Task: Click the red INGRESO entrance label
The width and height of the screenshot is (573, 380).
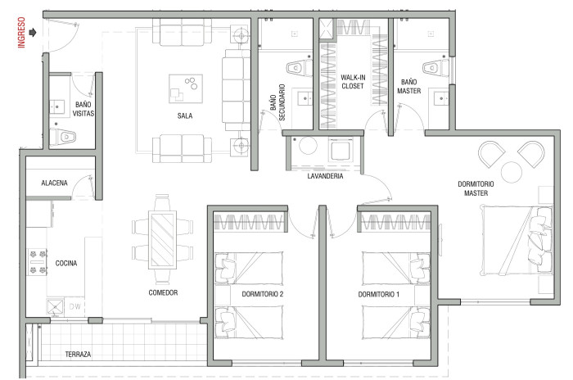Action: point(21,32)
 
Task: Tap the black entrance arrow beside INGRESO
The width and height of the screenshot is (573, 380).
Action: point(33,33)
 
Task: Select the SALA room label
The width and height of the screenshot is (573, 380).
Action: point(185,116)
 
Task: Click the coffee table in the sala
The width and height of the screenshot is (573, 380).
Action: point(186,89)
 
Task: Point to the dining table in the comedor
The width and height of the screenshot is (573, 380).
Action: point(162,240)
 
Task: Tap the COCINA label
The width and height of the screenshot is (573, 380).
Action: point(66,263)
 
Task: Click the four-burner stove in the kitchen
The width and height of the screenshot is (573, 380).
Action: point(38,261)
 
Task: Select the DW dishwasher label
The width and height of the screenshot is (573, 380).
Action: point(75,306)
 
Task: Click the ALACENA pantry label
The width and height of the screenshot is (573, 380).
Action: point(55,183)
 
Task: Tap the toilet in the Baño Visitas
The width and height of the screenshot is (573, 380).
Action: point(62,137)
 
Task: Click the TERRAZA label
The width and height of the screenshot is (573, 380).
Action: point(78,354)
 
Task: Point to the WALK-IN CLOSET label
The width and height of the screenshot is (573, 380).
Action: point(353,82)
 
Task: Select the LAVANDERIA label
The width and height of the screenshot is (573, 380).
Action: point(325,176)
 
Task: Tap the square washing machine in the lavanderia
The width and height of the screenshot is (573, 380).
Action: point(341,150)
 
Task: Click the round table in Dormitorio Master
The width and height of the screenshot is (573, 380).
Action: point(512,172)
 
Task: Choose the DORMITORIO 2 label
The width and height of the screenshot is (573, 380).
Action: point(263,294)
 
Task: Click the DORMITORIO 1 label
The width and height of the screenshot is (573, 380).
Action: point(378,294)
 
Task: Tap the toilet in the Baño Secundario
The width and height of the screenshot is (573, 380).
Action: point(300,68)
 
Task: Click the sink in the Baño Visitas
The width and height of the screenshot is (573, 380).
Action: point(58,106)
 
